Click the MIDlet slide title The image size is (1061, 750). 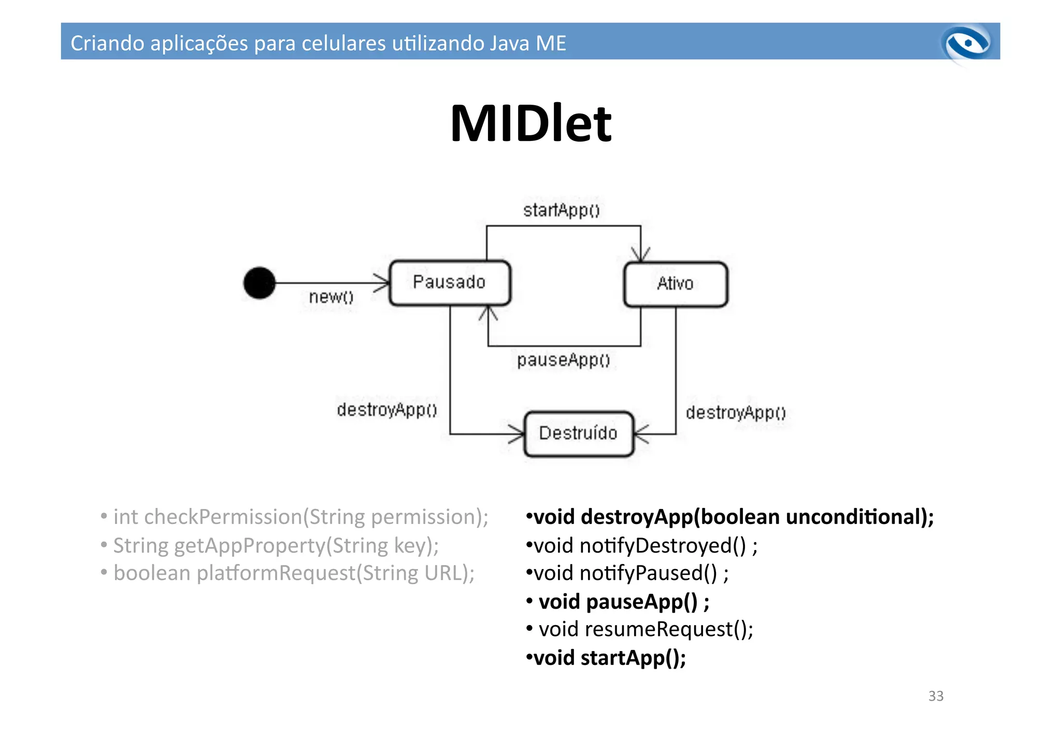[x=530, y=124]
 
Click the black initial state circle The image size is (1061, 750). [x=259, y=283]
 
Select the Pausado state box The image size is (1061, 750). [x=449, y=282]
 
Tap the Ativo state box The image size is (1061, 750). [x=675, y=284]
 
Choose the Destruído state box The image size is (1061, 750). [x=578, y=433]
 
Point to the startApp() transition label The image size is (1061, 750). [x=561, y=210]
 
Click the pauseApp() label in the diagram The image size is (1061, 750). [x=563, y=360]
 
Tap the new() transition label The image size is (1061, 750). [x=331, y=297]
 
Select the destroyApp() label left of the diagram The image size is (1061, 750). [x=387, y=410]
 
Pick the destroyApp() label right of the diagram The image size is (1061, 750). [x=736, y=413]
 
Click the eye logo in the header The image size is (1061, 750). [x=967, y=44]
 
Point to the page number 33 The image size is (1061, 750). [x=936, y=696]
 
